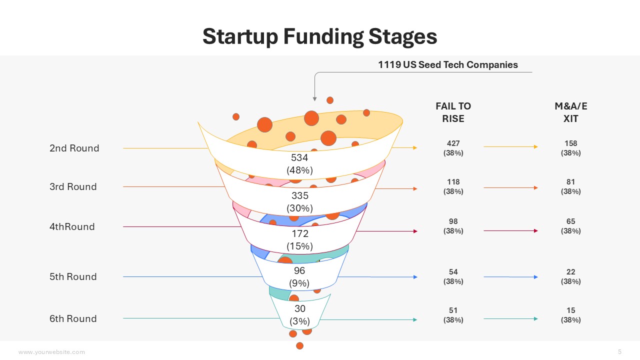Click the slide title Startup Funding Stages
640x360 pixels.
click(319, 36)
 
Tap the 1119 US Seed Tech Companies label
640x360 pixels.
click(447, 64)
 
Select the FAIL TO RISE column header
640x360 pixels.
click(453, 112)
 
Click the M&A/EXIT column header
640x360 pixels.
click(570, 112)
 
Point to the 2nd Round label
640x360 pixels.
click(74, 148)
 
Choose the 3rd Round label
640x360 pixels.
click(73, 186)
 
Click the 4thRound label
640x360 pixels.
click(72, 226)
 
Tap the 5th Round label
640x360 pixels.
click(73, 276)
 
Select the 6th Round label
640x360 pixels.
click(73, 318)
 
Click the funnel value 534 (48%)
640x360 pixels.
click(299, 164)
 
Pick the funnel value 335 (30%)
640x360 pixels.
click(299, 202)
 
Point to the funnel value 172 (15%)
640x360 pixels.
click(299, 240)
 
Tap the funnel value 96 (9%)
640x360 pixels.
click(299, 277)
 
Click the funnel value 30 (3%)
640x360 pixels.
click(299, 315)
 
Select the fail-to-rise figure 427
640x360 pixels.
click(453, 144)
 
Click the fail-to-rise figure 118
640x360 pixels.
click(453, 182)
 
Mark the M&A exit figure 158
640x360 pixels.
click(570, 144)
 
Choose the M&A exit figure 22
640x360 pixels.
click(570, 272)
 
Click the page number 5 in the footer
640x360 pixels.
click(620, 351)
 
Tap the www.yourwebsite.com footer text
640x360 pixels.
click(51, 352)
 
